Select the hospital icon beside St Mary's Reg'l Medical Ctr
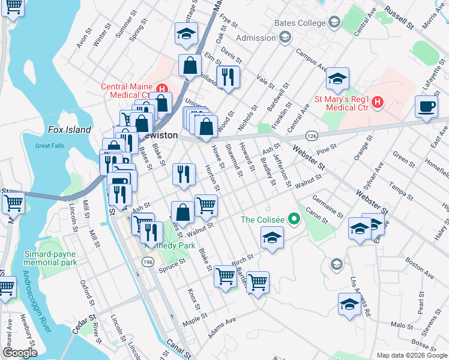coord(377,102)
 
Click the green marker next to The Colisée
coord(294,219)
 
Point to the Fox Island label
coord(70,130)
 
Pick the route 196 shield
coord(148,262)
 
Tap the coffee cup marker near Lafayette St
coord(426,107)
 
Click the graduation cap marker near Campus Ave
coord(337,79)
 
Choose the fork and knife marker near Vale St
coord(228,77)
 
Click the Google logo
coord(19,353)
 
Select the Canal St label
coord(175,348)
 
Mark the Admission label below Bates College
coord(256,38)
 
